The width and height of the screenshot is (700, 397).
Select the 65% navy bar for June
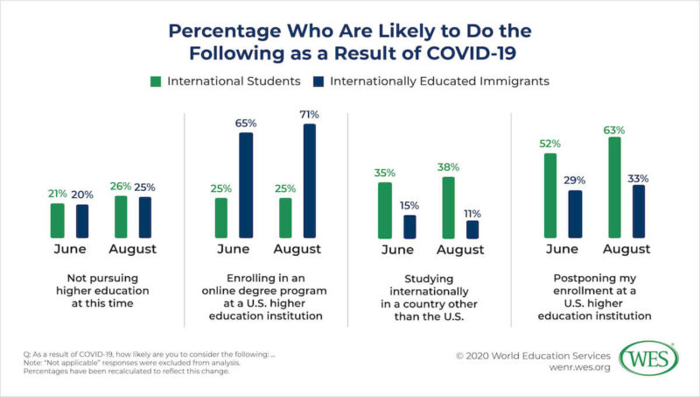click(247, 185)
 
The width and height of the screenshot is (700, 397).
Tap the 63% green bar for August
click(614, 188)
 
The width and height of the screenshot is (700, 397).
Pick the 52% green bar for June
click(550, 195)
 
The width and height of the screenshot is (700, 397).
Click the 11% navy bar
click(472, 229)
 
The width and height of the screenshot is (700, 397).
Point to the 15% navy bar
click(410, 226)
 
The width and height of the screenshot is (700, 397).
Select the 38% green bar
click(448, 208)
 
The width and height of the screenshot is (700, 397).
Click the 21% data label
click(57, 194)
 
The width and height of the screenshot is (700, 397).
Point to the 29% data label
click(576, 181)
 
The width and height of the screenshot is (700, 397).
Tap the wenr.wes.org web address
click(560, 370)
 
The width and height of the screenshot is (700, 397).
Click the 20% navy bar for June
click(82, 221)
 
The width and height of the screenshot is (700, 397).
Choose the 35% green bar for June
click(384, 210)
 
